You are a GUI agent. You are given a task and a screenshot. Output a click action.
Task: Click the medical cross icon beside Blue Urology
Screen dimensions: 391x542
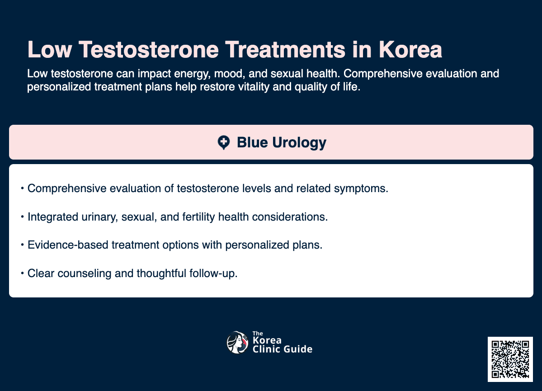coord(223,143)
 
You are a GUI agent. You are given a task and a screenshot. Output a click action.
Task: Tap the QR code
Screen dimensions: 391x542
coord(510,359)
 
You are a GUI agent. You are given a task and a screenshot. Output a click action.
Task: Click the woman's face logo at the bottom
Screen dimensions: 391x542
coord(237,343)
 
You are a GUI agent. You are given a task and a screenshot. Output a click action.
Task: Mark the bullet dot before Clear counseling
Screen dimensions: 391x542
coord(22,273)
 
